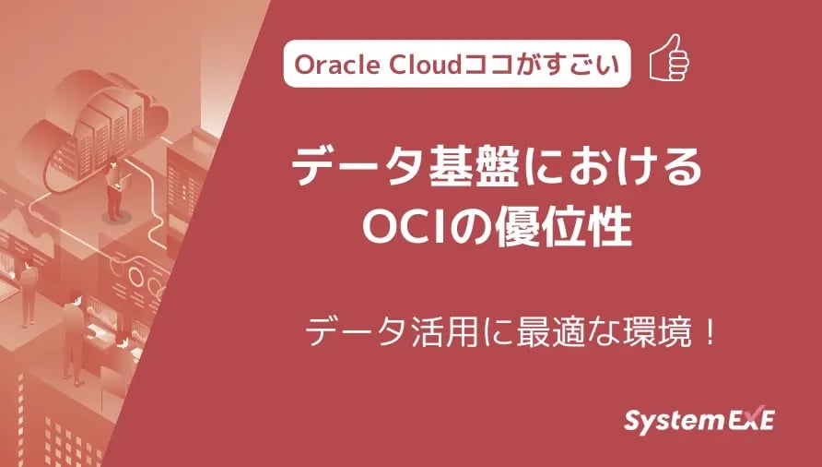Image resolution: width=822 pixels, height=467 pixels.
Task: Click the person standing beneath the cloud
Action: click(x=115, y=189)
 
